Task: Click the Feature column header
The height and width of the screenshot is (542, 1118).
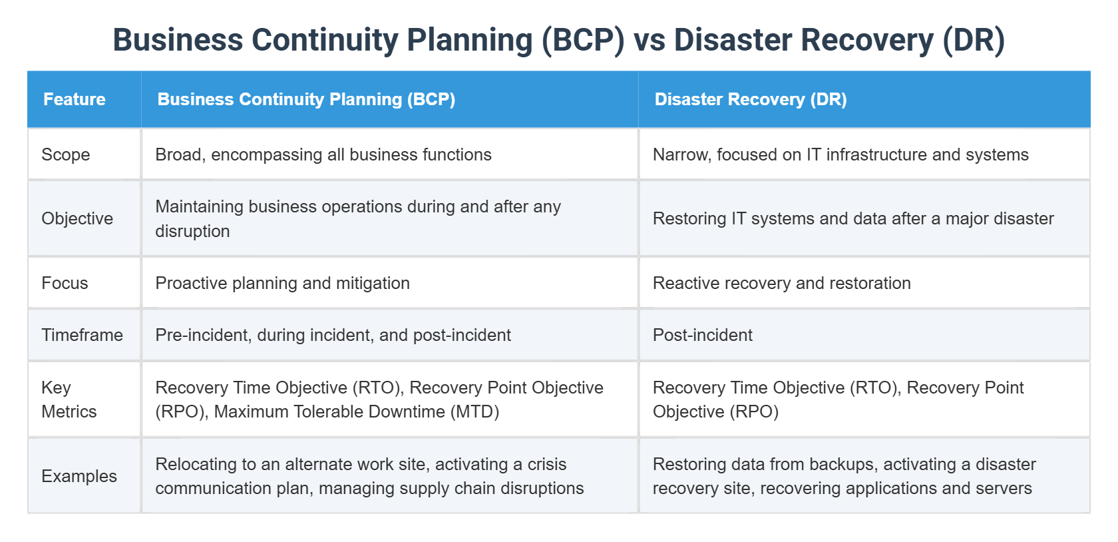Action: pos(75,99)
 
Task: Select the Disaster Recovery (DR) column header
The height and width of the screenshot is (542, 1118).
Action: pos(750,99)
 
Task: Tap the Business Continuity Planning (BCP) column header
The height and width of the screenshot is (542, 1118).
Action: pos(306,99)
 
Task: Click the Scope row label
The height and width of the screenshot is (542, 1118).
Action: pos(65,154)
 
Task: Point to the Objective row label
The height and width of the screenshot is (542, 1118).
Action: pos(77,218)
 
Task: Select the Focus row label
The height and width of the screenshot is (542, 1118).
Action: pos(65,283)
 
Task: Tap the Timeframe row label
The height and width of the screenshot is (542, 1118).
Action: pos(82,335)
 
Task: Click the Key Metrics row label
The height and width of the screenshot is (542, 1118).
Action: pos(69,400)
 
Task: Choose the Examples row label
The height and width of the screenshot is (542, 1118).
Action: pos(79,476)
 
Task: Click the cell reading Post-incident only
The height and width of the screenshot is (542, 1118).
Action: pos(702,335)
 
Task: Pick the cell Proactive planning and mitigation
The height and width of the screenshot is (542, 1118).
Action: pos(282,283)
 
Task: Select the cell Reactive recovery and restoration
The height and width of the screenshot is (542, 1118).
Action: pos(781,283)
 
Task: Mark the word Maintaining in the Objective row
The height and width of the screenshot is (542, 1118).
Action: pos(199,206)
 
